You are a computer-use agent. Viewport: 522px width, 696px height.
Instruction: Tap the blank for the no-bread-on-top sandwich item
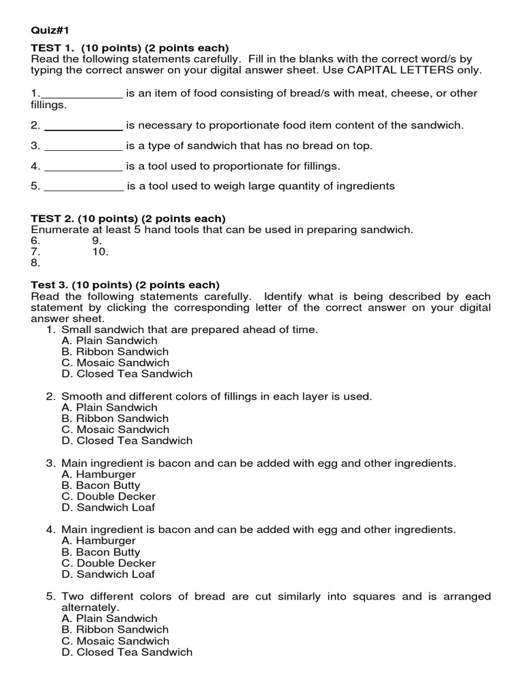pyautogui.click(x=83, y=146)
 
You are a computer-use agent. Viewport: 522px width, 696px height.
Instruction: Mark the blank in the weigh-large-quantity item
pyautogui.click(x=84, y=186)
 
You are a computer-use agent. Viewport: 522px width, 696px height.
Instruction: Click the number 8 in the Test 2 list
pyautogui.click(x=35, y=262)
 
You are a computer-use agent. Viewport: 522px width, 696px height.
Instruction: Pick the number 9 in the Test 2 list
pyautogui.click(x=97, y=241)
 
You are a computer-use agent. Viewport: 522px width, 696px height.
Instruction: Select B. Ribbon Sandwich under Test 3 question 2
pyautogui.click(x=115, y=419)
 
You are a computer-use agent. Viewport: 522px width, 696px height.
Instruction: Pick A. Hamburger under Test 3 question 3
pyautogui.click(x=99, y=474)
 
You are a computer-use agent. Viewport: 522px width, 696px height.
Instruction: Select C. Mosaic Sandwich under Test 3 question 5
pyautogui.click(x=115, y=641)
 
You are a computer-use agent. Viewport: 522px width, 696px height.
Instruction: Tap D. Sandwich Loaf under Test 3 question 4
pyautogui.click(x=108, y=574)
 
